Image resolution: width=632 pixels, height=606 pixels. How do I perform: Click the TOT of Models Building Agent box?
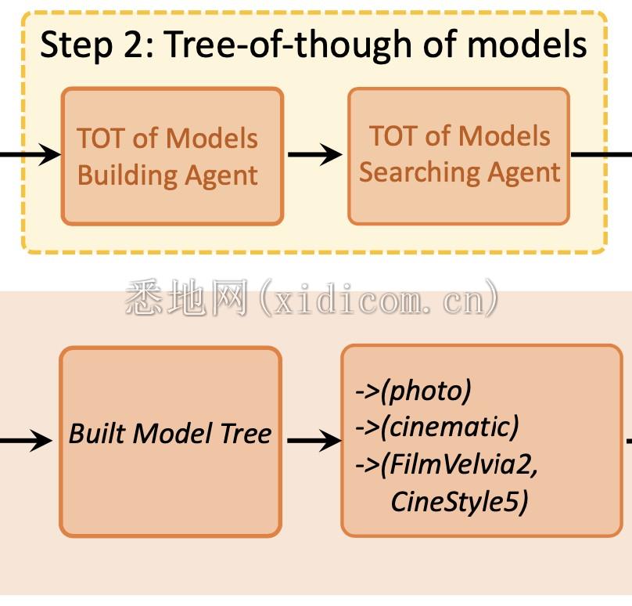[171, 156]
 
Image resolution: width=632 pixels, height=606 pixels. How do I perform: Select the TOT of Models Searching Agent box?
[458, 156]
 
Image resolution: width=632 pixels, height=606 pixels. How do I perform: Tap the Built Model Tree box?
[170, 442]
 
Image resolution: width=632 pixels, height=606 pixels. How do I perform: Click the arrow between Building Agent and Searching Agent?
[314, 154]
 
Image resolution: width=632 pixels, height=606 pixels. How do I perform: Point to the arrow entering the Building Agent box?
[31, 154]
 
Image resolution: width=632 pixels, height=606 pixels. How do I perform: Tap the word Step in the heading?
[70, 45]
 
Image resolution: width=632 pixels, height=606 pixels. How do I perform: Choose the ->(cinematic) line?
[436, 427]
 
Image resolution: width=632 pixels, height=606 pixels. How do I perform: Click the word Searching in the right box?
[411, 172]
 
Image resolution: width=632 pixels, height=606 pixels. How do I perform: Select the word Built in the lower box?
[89, 434]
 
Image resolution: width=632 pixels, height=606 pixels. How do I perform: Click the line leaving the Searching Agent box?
[599, 154]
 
